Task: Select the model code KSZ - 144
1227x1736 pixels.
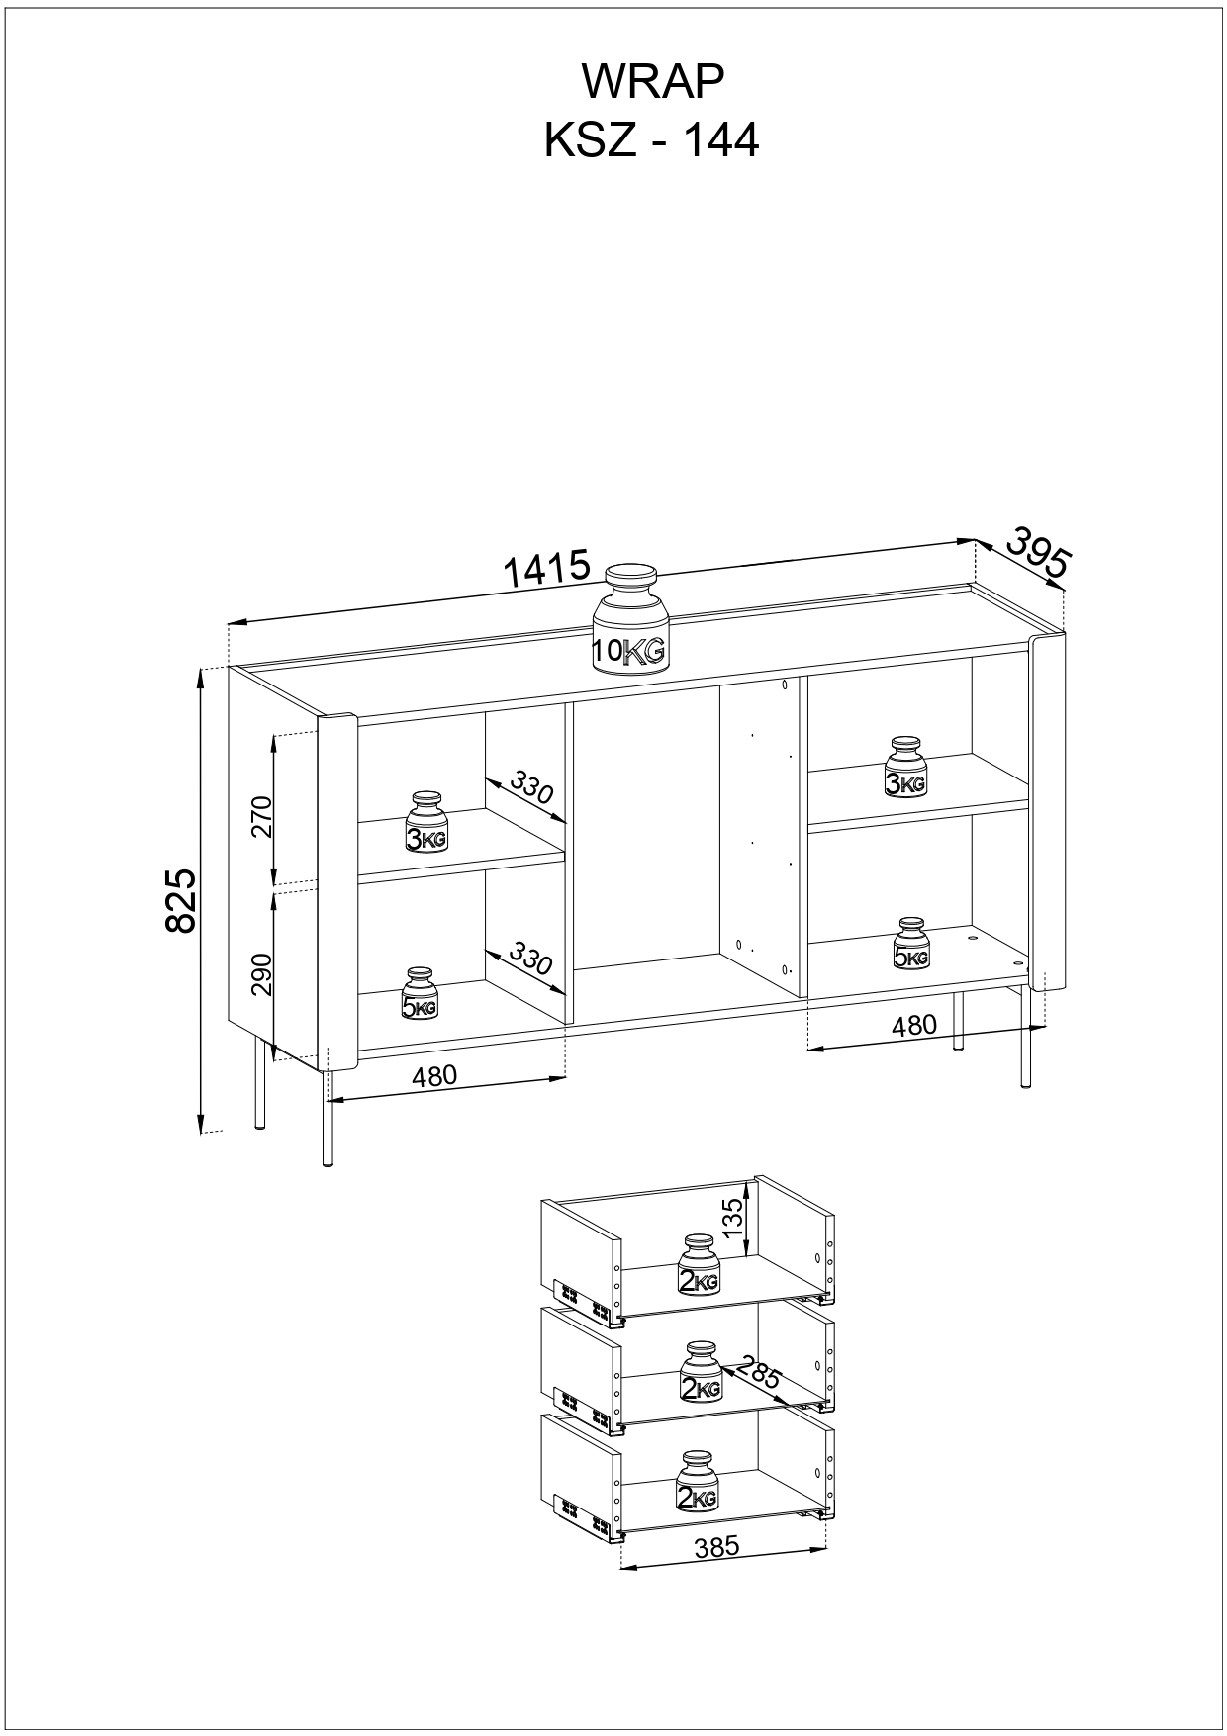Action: (652, 140)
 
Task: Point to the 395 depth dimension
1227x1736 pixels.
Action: (1039, 552)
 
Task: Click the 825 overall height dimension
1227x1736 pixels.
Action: (182, 900)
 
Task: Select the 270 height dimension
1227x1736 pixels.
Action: (261, 816)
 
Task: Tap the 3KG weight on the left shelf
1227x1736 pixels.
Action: (427, 822)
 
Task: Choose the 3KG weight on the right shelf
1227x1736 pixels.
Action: (905, 767)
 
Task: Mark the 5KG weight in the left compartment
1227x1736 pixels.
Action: (420, 993)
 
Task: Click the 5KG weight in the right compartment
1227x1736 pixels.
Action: (911, 943)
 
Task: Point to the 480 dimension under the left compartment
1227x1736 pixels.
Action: (434, 1075)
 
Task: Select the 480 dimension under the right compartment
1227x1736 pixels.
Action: (913, 1025)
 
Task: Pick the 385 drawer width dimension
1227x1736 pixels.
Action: (717, 1547)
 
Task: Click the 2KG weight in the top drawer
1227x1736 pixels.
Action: (699, 1264)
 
